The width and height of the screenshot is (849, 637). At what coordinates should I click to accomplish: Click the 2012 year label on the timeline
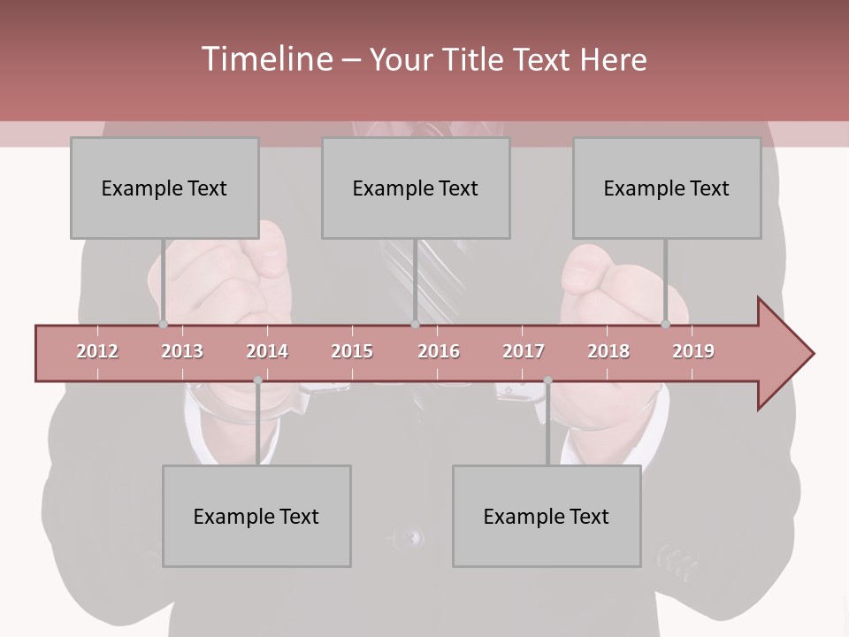coord(97,351)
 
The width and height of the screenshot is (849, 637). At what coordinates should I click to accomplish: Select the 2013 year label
coord(182,351)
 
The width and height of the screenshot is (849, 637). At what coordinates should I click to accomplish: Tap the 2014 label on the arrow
coord(267,351)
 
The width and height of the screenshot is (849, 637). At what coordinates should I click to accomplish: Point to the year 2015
coord(352,351)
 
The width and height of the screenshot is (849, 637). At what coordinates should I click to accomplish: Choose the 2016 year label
coord(439,351)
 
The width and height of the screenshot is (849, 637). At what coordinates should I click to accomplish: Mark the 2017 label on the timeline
coord(524,351)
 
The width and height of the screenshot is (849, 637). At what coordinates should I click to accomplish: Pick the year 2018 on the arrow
coord(608,351)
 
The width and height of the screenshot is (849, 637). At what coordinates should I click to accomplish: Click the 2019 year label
coord(693,351)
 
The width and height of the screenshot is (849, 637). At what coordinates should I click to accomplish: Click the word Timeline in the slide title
coord(265,59)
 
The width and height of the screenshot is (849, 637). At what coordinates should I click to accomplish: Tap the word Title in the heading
coord(475,60)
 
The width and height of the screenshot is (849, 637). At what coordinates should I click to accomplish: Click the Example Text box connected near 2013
coord(164,188)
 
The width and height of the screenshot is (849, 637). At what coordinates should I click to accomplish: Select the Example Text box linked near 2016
coord(416,188)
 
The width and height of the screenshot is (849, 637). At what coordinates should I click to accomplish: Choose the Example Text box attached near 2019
coord(667,188)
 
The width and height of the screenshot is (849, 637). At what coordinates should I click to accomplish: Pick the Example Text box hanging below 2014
coord(256,516)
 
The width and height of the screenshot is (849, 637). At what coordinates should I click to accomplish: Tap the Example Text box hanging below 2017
coord(547,516)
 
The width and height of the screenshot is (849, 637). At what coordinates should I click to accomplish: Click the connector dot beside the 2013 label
coord(163,325)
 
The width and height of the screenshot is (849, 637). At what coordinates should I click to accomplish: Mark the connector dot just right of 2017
coord(547,380)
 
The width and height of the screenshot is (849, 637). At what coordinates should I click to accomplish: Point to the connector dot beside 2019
coord(665,325)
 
